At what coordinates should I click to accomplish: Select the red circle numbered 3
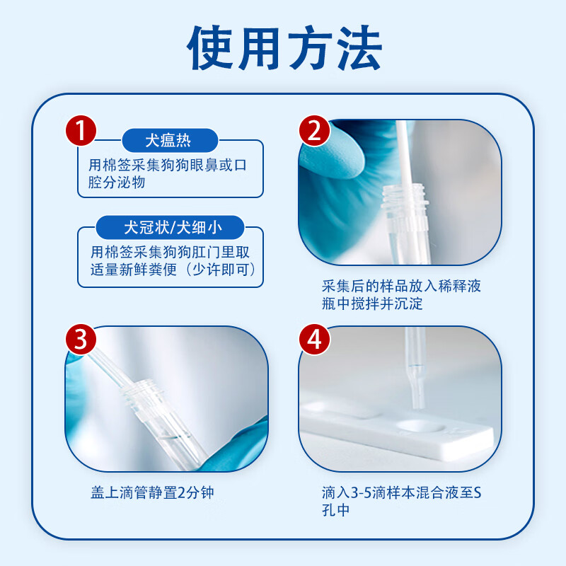81,339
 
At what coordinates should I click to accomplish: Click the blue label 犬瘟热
168,140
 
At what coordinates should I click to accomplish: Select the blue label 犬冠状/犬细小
171,228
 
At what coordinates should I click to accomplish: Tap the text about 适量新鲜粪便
171,262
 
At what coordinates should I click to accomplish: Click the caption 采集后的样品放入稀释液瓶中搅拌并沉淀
401,295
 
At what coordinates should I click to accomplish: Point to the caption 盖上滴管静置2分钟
151,492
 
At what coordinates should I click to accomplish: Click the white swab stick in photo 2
403,152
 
